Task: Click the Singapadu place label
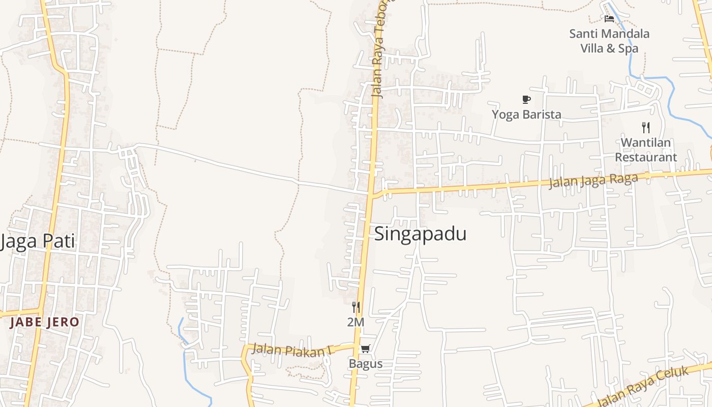point(420,234)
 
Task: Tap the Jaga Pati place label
point(38,241)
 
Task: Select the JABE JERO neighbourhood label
point(45,322)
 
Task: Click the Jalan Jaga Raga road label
point(593,181)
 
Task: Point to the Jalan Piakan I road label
point(292,350)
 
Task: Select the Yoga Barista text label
point(526,114)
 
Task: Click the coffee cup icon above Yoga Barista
point(526,99)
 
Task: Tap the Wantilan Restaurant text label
point(646,150)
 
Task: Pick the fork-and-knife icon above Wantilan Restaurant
point(646,127)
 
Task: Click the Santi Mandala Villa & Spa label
point(609,41)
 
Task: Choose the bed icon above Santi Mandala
point(609,19)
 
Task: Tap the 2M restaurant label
point(355,322)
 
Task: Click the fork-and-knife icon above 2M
point(356,307)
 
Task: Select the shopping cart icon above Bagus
point(365,349)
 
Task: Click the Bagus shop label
point(365,364)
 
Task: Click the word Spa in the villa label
point(628,48)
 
